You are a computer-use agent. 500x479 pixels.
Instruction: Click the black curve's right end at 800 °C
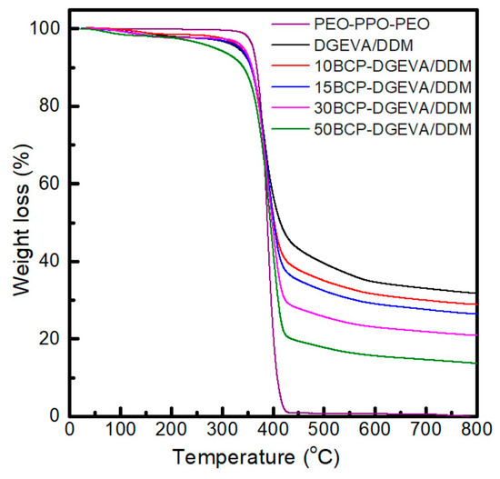pos(475,293)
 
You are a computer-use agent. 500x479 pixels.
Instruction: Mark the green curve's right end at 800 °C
pos(475,364)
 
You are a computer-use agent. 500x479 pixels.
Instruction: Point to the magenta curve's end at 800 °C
pos(475,335)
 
